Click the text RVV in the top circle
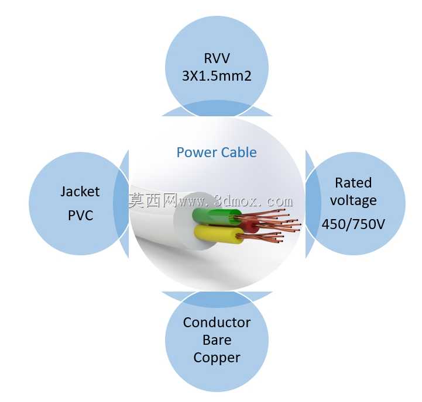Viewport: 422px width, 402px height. coord(217,58)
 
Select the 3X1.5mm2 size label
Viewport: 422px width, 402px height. coord(217,76)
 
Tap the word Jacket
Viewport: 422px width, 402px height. coord(80,192)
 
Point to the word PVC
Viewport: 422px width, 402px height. coord(80,215)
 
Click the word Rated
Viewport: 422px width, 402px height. coord(353,183)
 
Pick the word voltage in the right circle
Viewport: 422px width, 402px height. coord(354,201)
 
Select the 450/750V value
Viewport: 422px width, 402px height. coord(354,224)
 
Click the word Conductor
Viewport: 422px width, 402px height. coord(217,323)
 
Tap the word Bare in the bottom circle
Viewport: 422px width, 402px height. coord(217,340)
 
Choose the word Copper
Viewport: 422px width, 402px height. coord(217,358)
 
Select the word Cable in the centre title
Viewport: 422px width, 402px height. coord(239,153)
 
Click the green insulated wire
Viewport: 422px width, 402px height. coord(215,216)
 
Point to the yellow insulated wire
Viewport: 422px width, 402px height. coord(218,234)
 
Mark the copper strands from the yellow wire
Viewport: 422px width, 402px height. coord(260,237)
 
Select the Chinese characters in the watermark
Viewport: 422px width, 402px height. coord(153,200)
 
